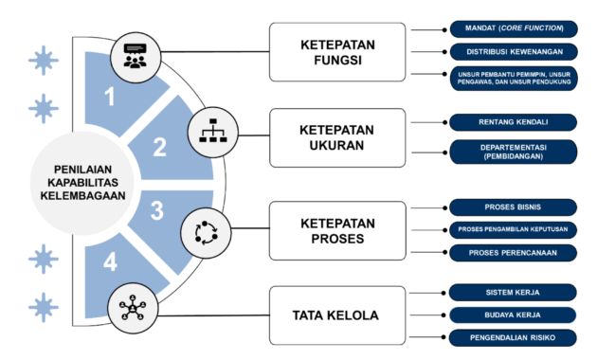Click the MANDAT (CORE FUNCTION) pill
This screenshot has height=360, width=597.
click(514, 29)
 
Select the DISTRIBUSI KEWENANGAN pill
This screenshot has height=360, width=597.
click(514, 52)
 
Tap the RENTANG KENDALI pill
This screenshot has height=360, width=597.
click(514, 122)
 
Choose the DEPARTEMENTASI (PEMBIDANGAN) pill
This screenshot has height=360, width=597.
click(514, 152)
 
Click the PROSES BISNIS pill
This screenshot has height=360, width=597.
click(513, 207)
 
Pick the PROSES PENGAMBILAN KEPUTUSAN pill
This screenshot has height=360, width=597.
click(513, 230)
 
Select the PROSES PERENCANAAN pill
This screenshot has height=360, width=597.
click(513, 253)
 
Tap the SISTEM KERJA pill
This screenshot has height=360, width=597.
click(513, 293)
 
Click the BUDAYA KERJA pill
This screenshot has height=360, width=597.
click(513, 315)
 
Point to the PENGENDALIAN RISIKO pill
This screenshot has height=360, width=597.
click(513, 338)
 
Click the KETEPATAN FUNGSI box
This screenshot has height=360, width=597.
click(337, 52)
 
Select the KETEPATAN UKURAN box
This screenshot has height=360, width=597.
click(337, 137)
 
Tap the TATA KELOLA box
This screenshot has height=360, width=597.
click(337, 315)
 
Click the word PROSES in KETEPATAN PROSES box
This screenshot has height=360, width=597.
click(337, 239)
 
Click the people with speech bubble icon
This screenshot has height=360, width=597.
click(136, 56)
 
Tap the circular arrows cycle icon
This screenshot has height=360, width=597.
click(206, 233)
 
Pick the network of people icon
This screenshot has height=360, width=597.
click(133, 308)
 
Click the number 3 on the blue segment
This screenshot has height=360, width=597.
click(157, 211)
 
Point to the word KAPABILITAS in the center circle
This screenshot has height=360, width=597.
click(83, 183)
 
